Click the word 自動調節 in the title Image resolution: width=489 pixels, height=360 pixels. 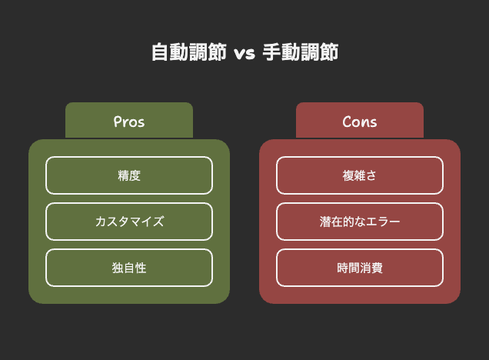click(189, 52)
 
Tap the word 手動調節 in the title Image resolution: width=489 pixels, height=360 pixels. click(301, 52)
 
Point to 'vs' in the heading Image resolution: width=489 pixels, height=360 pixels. click(244, 54)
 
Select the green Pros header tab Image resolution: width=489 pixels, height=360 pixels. click(129, 121)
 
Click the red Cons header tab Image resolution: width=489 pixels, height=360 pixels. click(360, 121)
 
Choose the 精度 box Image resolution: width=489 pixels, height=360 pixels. click(129, 175)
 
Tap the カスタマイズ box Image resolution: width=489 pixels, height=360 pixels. click(129, 222)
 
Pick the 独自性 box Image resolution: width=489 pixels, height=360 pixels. click(129, 268)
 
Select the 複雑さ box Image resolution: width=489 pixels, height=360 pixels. click(360, 175)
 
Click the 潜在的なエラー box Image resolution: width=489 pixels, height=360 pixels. click(360, 222)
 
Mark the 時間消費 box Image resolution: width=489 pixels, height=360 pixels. click(360, 268)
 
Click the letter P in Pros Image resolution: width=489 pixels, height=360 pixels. click(118, 122)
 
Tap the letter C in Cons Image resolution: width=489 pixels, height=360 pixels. click(347, 122)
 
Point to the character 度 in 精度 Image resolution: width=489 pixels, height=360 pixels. click(135, 175)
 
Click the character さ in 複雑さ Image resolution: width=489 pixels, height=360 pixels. click(371, 175)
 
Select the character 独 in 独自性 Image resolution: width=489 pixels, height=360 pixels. click(118, 268)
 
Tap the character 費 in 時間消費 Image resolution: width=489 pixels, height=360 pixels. click(377, 268)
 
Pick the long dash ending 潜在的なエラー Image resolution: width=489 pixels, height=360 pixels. click(394, 222)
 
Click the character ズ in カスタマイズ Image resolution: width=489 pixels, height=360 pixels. click(158, 222)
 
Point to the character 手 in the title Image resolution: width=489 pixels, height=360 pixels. click(272, 52)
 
